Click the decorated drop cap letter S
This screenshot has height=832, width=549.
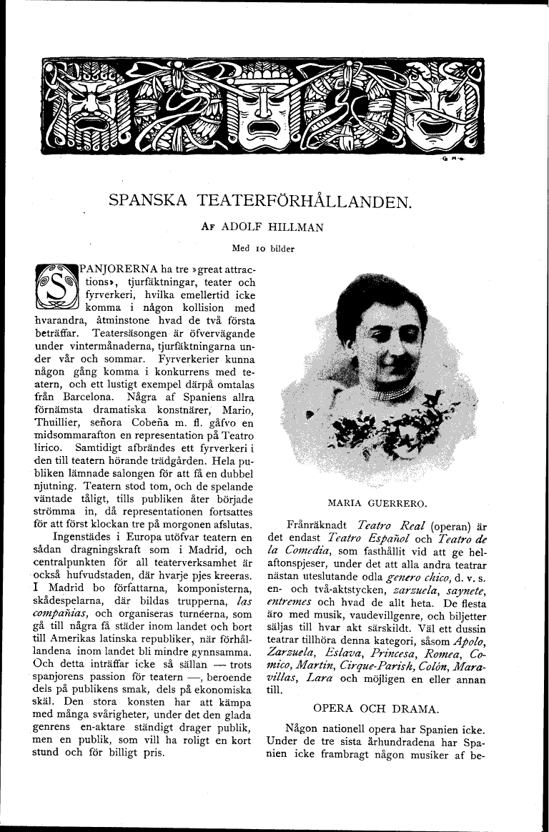pos(54,287)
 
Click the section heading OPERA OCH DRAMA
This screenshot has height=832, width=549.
pos(376,708)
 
